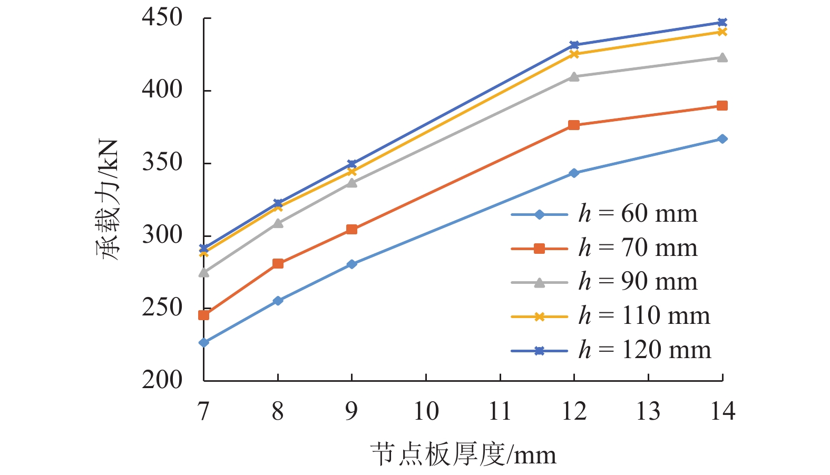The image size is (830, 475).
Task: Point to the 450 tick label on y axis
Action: [x=162, y=17]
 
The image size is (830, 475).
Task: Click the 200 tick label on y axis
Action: [x=162, y=380]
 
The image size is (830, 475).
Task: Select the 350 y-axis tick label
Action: [x=162, y=162]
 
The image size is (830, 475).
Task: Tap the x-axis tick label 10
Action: [x=426, y=411]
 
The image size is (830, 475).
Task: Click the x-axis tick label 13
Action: [x=648, y=411]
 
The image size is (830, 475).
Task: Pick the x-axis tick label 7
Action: [x=204, y=411]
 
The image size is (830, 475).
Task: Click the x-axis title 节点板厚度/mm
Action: [x=463, y=454]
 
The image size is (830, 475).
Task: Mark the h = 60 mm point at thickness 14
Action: [x=722, y=139]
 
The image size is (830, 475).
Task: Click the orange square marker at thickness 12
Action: [x=574, y=125]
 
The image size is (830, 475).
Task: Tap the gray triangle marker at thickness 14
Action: [x=722, y=57]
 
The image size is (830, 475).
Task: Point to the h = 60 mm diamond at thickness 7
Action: [x=204, y=343]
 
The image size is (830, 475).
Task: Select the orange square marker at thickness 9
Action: [x=352, y=230]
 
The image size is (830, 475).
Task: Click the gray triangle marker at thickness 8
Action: [x=278, y=223]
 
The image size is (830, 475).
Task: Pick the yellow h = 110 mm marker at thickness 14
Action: [x=722, y=32]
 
